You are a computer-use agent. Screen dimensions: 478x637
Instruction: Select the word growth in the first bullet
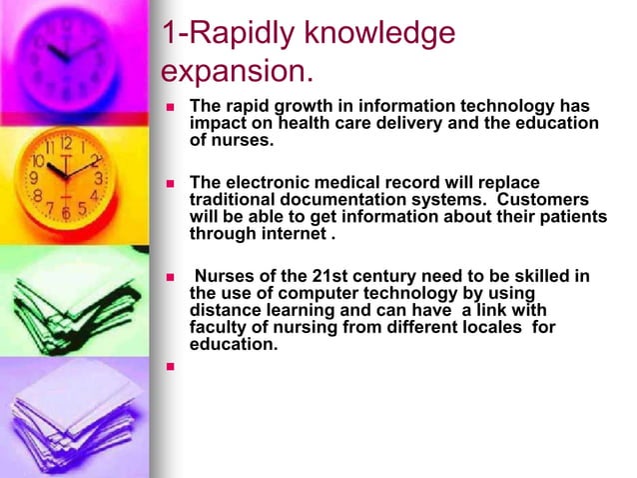306,107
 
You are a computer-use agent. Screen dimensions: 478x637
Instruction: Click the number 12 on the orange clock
65,143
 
